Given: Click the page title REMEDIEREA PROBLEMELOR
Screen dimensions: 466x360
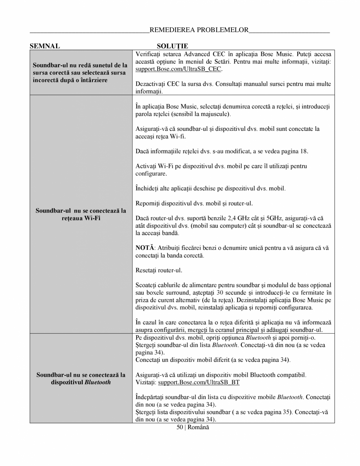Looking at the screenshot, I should [199, 30].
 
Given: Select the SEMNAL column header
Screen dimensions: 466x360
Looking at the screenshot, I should [45, 46].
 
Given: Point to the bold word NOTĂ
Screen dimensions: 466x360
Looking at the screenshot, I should [145, 248].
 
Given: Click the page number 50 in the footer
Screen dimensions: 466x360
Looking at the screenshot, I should [180, 427].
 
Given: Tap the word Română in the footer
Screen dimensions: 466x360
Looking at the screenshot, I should [199, 427].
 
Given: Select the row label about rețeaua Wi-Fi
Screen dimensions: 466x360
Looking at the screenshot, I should [81, 214].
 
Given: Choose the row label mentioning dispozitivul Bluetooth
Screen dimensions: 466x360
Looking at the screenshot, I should [81, 378].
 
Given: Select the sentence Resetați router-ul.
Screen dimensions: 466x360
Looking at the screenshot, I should [159, 270].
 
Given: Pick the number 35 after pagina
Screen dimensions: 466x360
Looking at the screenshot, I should [285, 413].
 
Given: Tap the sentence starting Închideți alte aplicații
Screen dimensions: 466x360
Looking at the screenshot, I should [210, 188].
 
